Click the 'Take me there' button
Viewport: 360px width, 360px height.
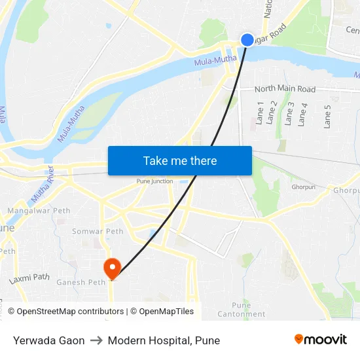(x=179, y=160)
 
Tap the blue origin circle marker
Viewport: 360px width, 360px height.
(x=247, y=40)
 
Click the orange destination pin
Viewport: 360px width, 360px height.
(x=112, y=267)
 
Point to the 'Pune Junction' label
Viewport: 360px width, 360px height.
(x=154, y=181)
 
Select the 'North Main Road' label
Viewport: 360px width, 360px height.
(x=285, y=89)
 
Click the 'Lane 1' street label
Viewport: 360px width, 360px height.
(x=260, y=113)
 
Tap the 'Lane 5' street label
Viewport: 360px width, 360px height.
(x=328, y=116)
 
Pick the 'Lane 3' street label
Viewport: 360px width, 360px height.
(x=288, y=113)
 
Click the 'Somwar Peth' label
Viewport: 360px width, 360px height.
(x=98, y=231)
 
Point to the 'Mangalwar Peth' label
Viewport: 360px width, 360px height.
(x=39, y=211)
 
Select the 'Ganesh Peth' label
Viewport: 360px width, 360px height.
(x=81, y=283)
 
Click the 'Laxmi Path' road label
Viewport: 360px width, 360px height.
(x=29, y=278)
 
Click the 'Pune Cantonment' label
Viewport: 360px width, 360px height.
(x=242, y=310)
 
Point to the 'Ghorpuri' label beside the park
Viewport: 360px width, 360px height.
(x=304, y=187)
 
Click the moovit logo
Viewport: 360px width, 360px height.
(x=320, y=339)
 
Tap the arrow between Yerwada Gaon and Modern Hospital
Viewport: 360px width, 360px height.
(x=96, y=340)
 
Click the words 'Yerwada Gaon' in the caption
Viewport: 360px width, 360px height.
(x=48, y=340)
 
